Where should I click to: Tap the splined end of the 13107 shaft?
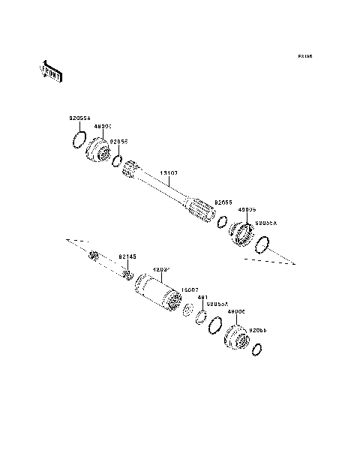tap(201, 211)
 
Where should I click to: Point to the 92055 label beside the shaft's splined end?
tap(222, 202)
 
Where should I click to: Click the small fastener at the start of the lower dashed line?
tap(94, 256)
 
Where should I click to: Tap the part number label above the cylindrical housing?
tap(160, 269)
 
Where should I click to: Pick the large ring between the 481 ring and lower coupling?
tap(214, 325)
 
